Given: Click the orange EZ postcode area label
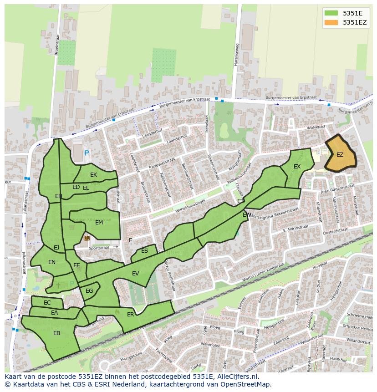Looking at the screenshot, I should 340,155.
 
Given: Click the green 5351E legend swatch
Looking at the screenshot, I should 331,13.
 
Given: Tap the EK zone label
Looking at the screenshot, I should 93,175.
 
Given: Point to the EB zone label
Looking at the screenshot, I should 57,333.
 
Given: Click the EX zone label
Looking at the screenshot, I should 297,167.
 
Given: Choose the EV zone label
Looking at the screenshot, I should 135,274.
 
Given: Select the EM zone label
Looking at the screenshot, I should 99,223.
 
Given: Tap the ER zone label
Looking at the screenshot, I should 131,315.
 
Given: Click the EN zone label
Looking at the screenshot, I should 52,262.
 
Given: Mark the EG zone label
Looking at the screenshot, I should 89,291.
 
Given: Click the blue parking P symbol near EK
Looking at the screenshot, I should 87,154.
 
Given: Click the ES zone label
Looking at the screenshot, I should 144,251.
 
